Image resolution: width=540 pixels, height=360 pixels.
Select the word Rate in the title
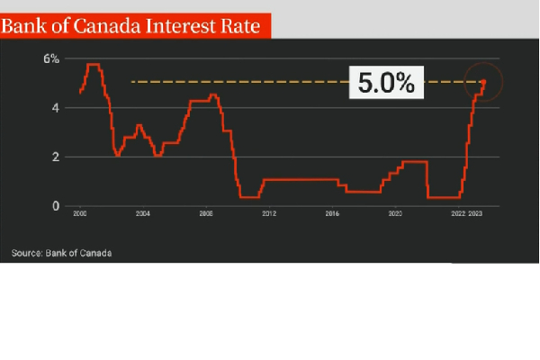pos(239,26)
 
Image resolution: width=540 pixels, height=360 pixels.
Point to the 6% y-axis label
pos(51,59)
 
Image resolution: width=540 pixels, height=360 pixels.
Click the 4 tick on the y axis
pos(56,108)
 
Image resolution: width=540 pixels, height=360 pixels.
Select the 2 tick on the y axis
pos(56,157)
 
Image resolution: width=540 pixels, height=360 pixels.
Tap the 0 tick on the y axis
pos(56,206)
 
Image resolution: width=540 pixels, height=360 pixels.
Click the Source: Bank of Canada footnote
pos(62,253)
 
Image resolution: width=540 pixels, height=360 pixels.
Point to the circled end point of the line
pos(483,82)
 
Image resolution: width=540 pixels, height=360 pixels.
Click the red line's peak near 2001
pos(92,65)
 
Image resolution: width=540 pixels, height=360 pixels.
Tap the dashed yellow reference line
pos(234,83)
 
